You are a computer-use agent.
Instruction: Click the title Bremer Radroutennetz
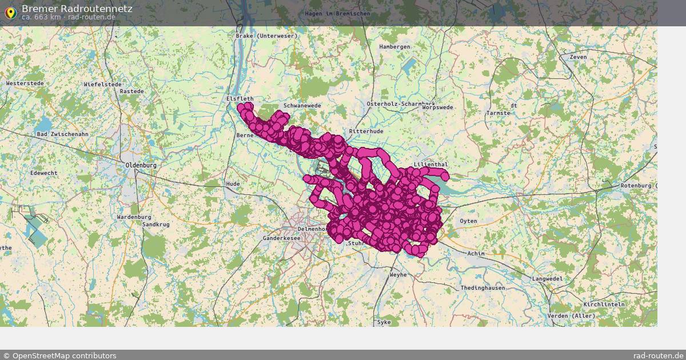click(x=77, y=9)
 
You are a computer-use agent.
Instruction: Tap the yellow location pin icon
click(x=10, y=12)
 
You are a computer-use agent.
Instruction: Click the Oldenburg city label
click(x=141, y=166)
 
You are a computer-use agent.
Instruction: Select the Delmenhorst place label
click(x=312, y=229)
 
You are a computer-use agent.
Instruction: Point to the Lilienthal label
click(x=430, y=165)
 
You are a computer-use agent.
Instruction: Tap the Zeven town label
click(x=578, y=57)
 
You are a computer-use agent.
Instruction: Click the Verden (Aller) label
click(x=571, y=316)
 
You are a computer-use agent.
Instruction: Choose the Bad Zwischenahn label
click(x=62, y=134)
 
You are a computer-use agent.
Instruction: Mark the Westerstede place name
click(x=25, y=83)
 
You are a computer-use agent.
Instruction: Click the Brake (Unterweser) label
click(x=267, y=36)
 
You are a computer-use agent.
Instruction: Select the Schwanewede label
click(x=302, y=106)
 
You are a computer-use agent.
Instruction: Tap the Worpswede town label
click(x=438, y=107)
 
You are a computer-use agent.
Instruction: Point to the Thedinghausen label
click(x=482, y=288)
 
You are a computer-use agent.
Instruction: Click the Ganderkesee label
click(x=281, y=238)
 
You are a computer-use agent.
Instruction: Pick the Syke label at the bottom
click(x=384, y=322)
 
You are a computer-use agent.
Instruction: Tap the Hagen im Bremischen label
click(x=337, y=14)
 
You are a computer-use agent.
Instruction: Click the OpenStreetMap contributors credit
click(x=60, y=355)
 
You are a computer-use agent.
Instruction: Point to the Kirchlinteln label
click(x=604, y=305)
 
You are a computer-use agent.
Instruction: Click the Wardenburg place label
click(x=134, y=217)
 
